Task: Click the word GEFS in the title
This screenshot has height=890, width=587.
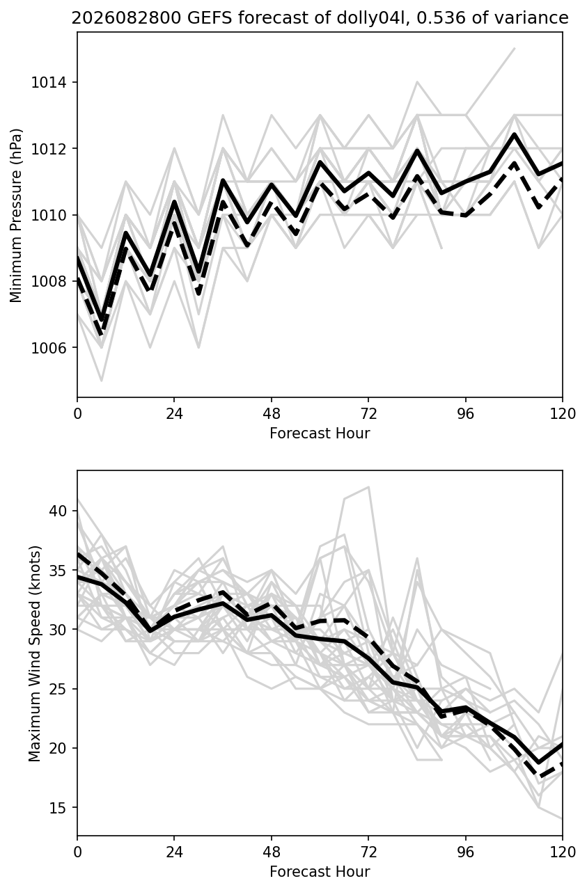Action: click(x=209, y=18)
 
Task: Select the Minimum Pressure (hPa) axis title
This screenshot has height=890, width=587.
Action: click(x=16, y=215)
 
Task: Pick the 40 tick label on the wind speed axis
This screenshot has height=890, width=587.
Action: click(x=58, y=511)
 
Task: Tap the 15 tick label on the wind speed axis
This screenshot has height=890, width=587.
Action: click(x=58, y=807)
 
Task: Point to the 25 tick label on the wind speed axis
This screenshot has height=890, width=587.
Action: click(x=58, y=689)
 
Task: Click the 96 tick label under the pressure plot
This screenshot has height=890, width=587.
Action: click(x=466, y=414)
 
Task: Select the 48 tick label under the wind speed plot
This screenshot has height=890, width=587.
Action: click(x=272, y=852)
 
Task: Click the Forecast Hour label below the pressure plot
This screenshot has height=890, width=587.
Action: click(x=320, y=433)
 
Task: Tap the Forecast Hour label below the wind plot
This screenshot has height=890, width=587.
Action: click(x=320, y=872)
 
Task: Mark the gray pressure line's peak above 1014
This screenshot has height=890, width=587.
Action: click(x=515, y=49)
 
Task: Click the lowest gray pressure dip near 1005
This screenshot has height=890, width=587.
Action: click(x=102, y=380)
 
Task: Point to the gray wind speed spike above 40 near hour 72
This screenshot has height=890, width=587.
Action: click(x=369, y=486)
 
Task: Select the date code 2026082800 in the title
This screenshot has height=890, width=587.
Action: click(x=126, y=18)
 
